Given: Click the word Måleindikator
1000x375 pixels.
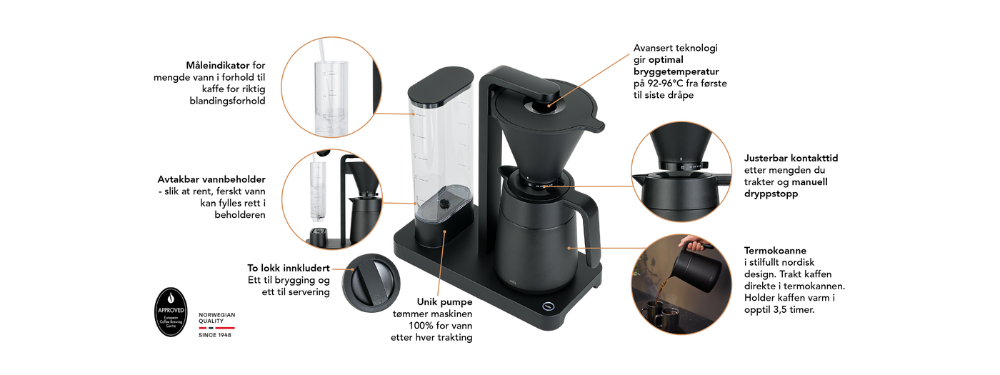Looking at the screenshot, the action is click(x=217, y=66).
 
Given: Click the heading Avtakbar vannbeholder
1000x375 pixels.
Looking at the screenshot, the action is click(x=211, y=179).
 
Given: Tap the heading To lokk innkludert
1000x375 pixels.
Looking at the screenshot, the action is click(x=289, y=269).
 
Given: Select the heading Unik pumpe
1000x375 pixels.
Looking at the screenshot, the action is click(x=444, y=302).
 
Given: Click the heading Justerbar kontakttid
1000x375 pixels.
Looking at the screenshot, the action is click(x=791, y=158).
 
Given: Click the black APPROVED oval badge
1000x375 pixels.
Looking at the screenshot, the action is click(x=171, y=312).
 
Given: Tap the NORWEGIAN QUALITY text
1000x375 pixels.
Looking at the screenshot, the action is click(x=217, y=318).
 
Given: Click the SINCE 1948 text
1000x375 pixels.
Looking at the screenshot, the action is click(x=215, y=335).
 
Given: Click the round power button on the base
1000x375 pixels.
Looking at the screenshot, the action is click(x=549, y=306).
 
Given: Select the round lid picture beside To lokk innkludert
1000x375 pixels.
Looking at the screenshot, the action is click(x=371, y=283).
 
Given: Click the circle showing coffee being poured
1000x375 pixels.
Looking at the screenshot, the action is click(x=681, y=284).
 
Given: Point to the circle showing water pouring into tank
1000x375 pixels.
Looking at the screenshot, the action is click(x=331, y=87).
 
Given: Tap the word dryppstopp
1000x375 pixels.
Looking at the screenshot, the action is click(x=771, y=194).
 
